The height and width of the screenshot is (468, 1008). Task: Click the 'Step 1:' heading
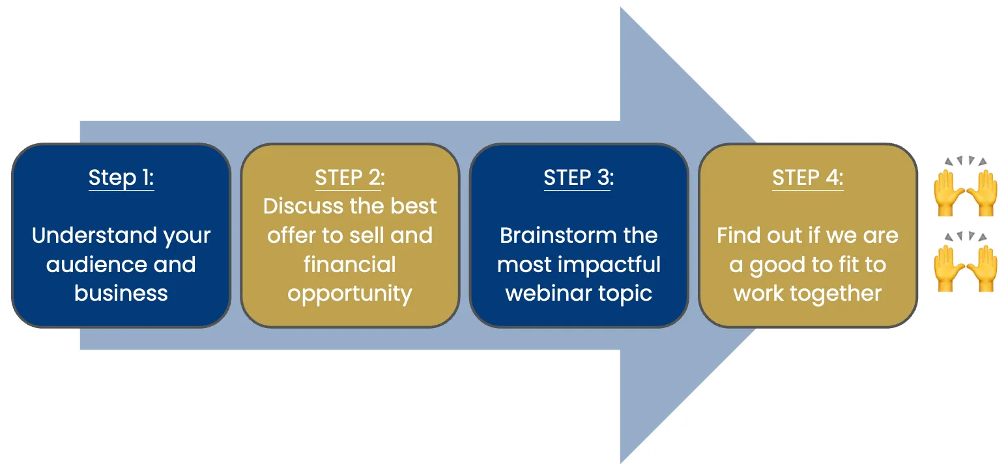click(121, 177)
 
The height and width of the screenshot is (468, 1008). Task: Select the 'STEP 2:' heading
click(350, 177)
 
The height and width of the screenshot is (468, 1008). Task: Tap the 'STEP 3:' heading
click(579, 177)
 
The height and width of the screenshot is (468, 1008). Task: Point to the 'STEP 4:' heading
click(808, 177)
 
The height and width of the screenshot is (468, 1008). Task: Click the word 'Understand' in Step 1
click(94, 235)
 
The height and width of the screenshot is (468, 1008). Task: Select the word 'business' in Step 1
click(121, 293)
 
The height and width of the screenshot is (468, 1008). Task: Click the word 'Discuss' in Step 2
click(304, 206)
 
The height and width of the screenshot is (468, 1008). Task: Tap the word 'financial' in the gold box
click(350, 264)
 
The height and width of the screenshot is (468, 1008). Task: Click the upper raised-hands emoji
click(965, 186)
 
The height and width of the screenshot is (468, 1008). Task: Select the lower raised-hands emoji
click(965, 262)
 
